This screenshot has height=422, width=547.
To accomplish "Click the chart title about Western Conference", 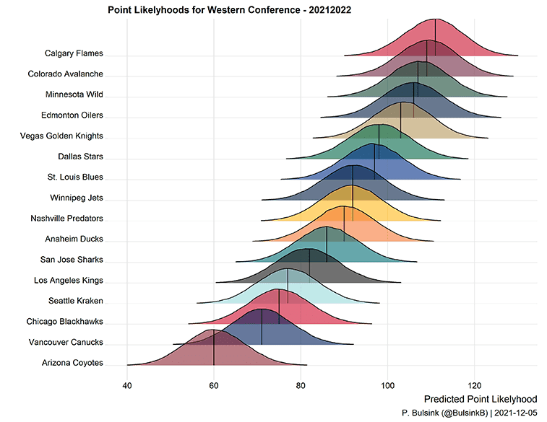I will (x=229, y=10).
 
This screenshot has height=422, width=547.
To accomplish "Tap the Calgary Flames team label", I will (x=74, y=53).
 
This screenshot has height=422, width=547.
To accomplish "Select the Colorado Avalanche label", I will (x=65, y=74).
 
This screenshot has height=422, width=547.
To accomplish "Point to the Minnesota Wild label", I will (x=74, y=94).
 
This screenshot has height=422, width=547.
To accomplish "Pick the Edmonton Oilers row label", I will (x=72, y=115).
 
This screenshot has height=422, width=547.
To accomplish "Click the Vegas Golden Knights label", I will (x=63, y=136).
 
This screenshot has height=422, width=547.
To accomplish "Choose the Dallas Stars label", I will (x=80, y=156).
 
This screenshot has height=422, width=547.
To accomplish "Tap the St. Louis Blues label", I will (x=76, y=177).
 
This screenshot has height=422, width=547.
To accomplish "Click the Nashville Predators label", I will (x=66, y=218).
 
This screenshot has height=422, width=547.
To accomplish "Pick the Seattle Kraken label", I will (x=76, y=300).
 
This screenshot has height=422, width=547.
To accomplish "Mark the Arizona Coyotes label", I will (x=72, y=363).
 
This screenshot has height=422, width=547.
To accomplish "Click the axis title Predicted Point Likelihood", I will (x=481, y=399).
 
